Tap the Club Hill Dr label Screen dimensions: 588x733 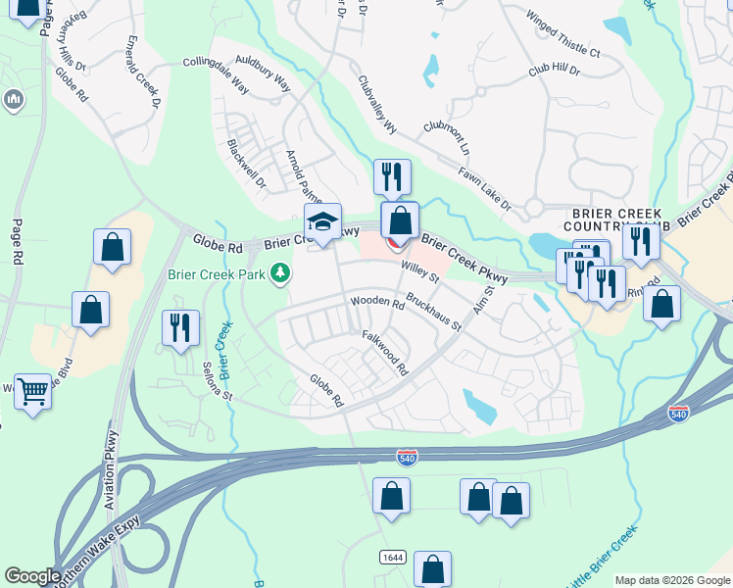[x=554, y=72]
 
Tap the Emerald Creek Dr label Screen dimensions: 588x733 [x=142, y=72]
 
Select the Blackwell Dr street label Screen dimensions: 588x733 [x=246, y=163]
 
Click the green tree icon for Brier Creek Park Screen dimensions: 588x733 [x=280, y=272]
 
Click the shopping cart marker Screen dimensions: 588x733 [x=33, y=392]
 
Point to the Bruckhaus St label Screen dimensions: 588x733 [x=433, y=314]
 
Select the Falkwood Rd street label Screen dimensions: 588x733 [x=384, y=353]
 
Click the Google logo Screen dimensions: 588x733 [x=32, y=576]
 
